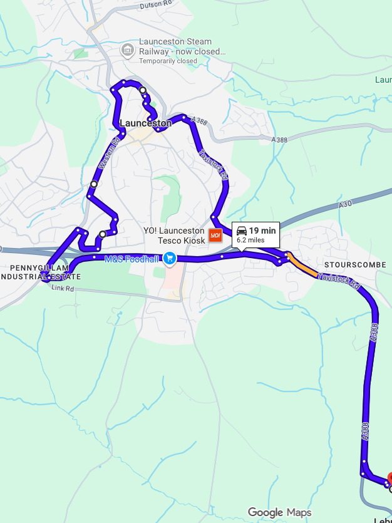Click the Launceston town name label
click(145, 123)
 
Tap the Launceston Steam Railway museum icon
click(128, 49)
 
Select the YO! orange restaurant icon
click(215, 236)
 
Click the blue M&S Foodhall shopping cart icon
click(169, 258)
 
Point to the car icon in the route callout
click(241, 230)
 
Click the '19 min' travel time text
click(262, 230)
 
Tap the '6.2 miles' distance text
click(250, 240)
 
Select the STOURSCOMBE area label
click(355, 265)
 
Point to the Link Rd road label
click(63, 288)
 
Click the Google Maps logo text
click(279, 512)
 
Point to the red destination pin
click(389, 480)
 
